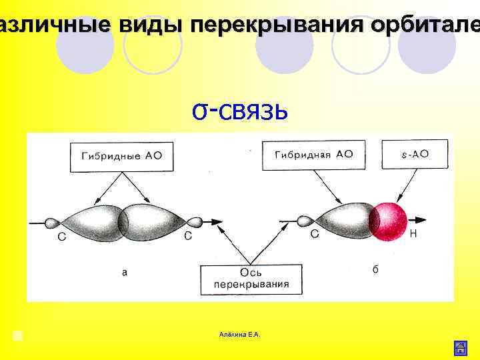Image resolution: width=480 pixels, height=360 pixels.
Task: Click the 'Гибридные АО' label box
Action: tap(120, 157)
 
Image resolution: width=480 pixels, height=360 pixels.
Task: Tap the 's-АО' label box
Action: tap(415, 155)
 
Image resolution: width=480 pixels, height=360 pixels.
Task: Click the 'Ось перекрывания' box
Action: tap(251, 278)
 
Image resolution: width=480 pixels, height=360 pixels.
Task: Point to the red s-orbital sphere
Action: tap(389, 219)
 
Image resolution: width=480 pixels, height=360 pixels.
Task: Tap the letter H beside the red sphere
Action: tap(413, 233)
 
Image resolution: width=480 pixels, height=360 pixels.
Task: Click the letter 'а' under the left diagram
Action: tap(123, 272)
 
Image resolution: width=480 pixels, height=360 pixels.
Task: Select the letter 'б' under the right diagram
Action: tap(375, 269)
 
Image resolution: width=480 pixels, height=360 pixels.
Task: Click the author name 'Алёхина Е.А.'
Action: tap(240, 333)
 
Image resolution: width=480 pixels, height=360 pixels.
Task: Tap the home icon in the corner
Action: tap(460, 347)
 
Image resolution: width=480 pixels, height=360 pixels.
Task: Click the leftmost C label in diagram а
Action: tap(61, 237)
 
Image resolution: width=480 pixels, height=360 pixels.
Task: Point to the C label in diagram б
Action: tap(315, 234)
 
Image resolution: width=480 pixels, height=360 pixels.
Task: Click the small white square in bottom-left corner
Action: tap(18, 335)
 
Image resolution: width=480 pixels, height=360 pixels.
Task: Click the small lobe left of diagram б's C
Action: tap(304, 220)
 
